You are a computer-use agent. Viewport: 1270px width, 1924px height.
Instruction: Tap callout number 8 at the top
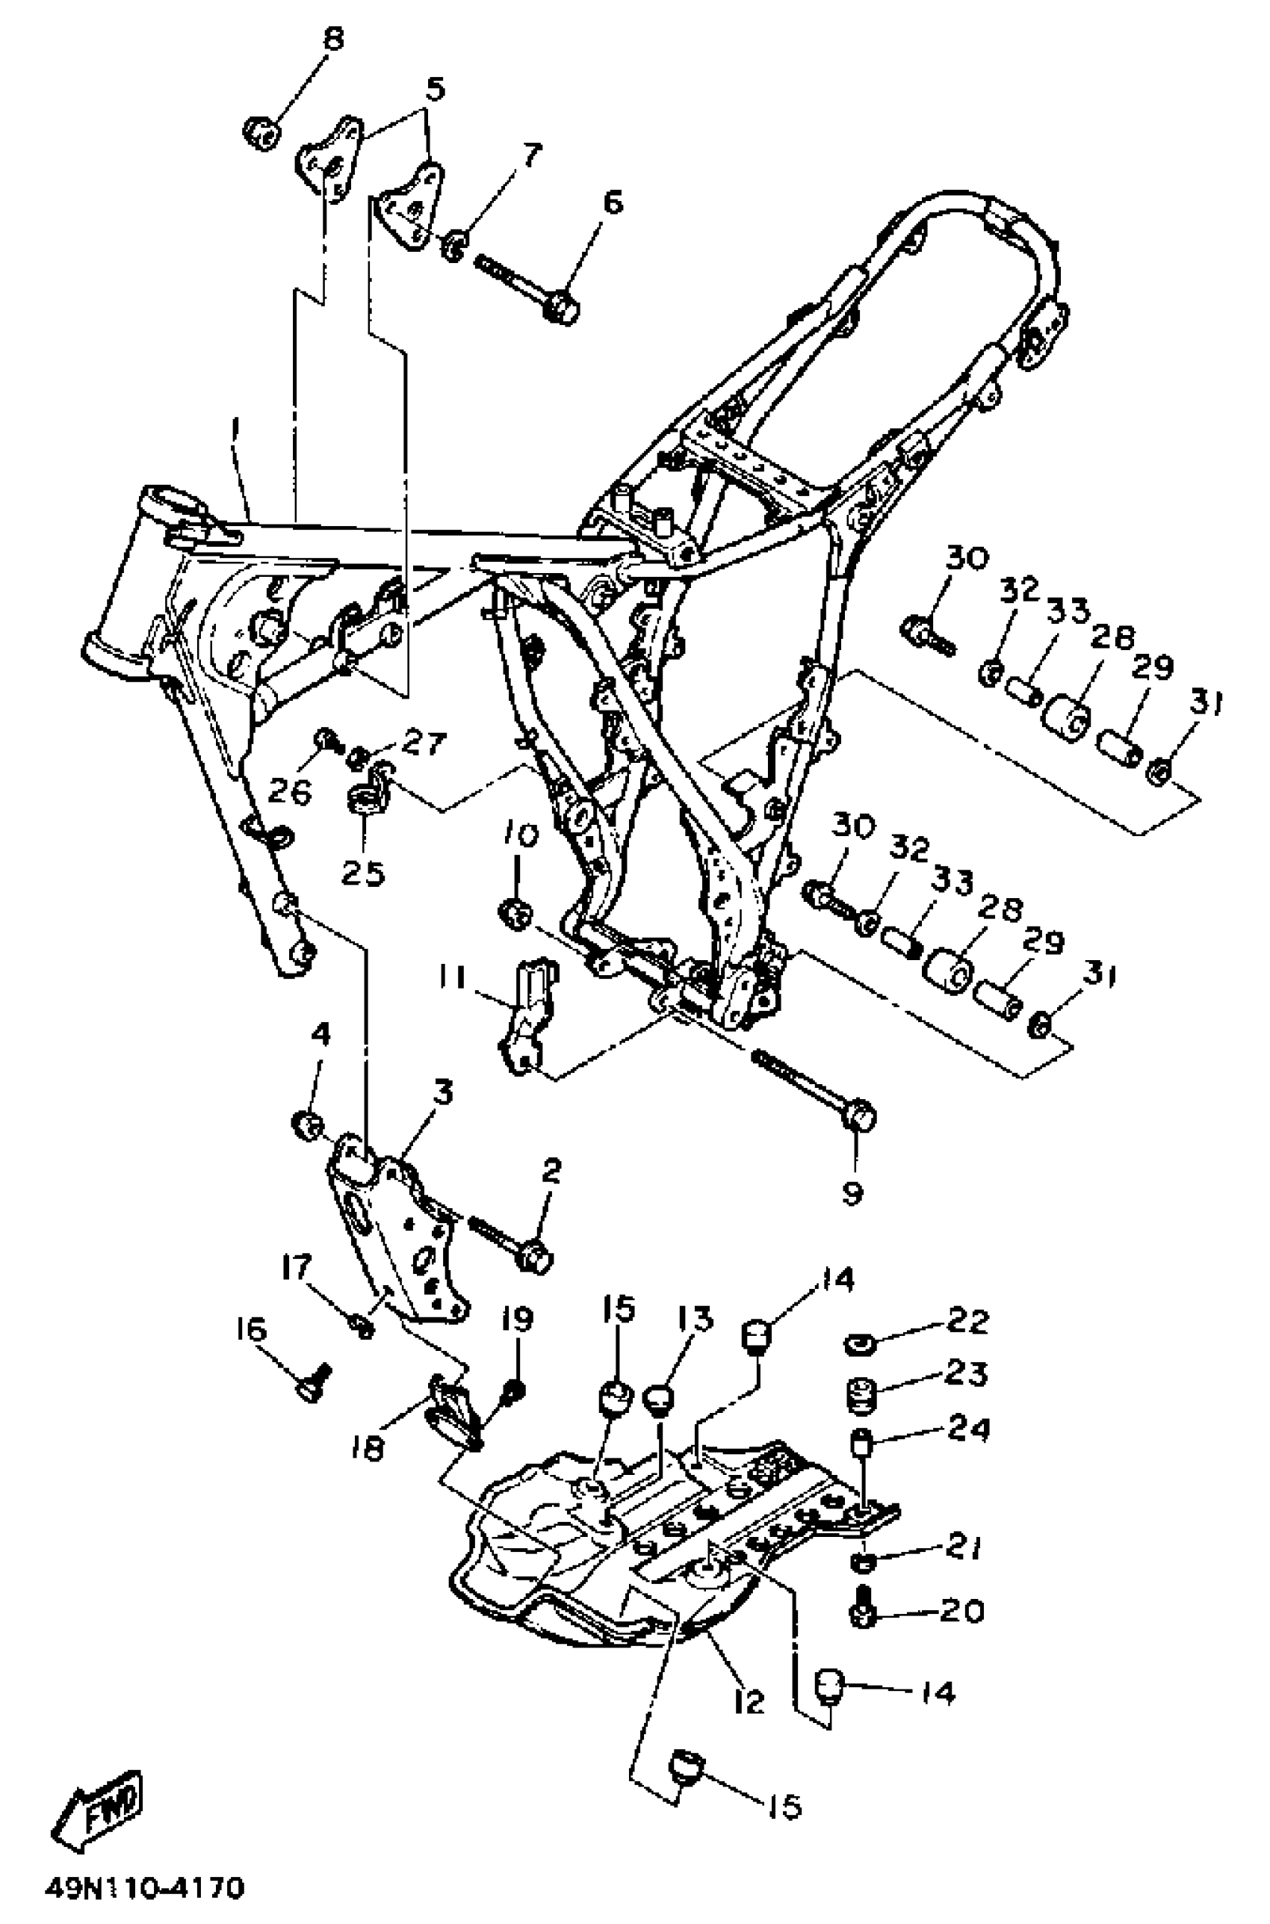coord(332,39)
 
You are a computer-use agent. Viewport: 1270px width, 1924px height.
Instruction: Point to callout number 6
coord(613,202)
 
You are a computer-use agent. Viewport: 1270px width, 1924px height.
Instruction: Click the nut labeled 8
coord(261,132)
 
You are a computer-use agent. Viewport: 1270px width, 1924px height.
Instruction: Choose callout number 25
coord(362,873)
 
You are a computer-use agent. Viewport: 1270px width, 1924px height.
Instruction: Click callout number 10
coord(522,835)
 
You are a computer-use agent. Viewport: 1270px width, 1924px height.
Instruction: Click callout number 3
coord(442,1093)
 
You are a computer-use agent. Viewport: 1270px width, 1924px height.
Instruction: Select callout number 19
coord(517,1320)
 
